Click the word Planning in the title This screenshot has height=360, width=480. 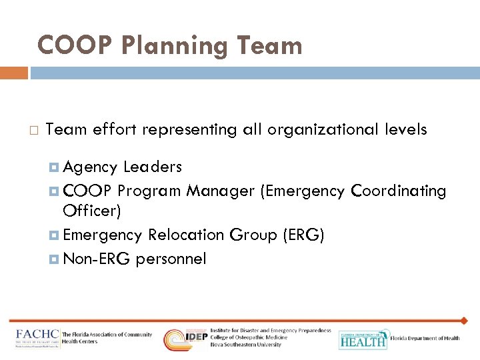(x=166, y=46)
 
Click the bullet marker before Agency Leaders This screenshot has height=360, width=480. (x=55, y=167)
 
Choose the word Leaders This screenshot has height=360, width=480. (x=152, y=166)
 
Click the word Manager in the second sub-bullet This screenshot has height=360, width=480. (x=220, y=191)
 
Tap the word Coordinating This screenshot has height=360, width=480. (x=398, y=191)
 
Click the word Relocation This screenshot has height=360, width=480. (x=186, y=235)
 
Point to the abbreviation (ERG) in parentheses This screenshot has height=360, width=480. (x=303, y=235)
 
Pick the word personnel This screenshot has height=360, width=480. (x=171, y=258)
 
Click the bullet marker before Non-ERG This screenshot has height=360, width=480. (x=55, y=259)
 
